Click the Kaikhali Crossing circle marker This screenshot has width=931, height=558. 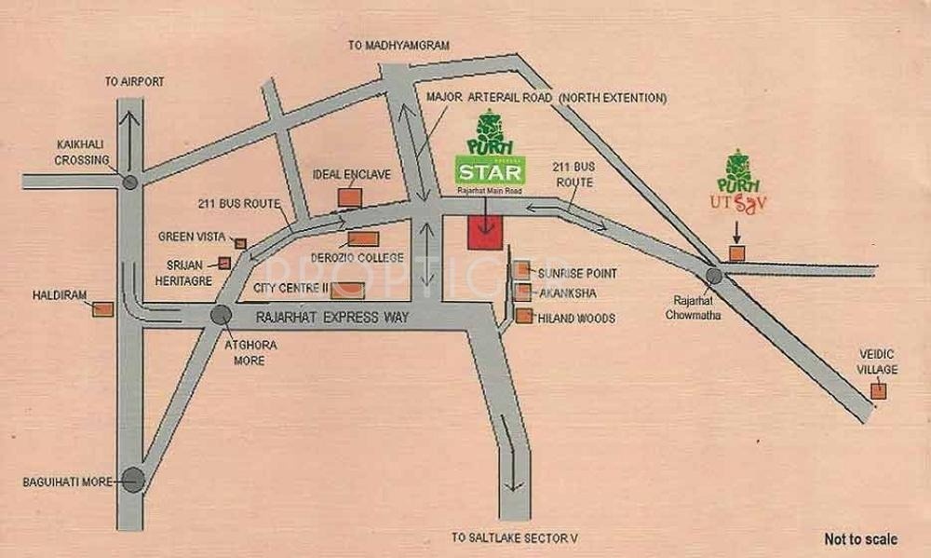point(130,183)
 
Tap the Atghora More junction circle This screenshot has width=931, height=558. point(221,315)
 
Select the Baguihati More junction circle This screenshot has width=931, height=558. point(132,481)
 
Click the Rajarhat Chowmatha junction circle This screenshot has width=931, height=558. point(714,276)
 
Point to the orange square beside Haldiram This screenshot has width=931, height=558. point(103,308)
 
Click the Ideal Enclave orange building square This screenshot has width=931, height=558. point(350,197)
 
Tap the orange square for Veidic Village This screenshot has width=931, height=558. point(876,391)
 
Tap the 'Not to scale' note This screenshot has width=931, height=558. point(860,538)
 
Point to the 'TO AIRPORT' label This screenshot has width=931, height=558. point(135,82)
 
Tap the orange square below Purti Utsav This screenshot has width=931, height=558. point(736,253)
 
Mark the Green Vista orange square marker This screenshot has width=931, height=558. point(240,243)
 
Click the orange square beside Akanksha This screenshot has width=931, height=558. point(523,293)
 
